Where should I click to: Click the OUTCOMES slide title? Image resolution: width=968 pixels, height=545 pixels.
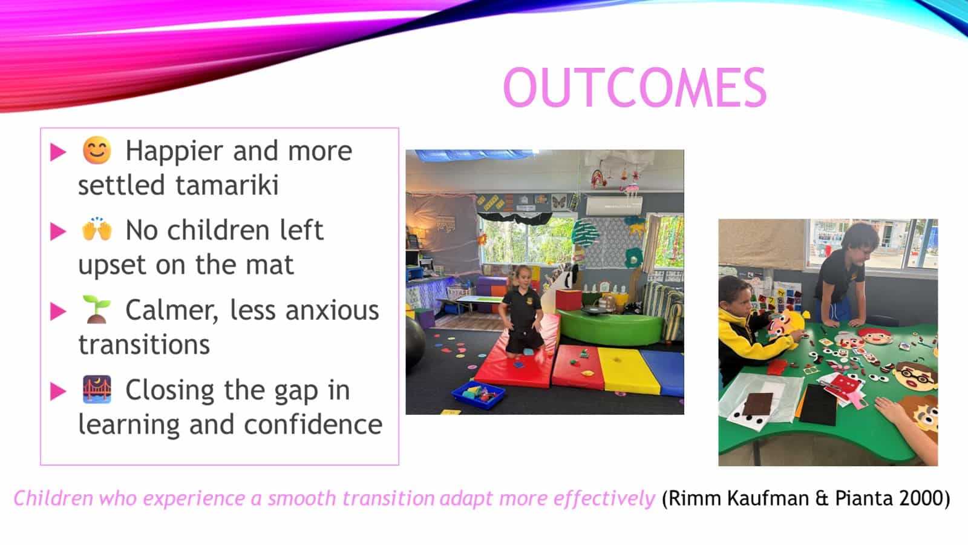click(635, 87)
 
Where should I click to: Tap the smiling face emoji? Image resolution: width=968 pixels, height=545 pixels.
click(97, 151)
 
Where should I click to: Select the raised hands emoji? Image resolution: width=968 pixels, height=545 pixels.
click(97, 230)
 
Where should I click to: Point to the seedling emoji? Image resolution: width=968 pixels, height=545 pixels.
click(96, 309)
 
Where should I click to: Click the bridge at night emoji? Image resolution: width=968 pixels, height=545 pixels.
click(97, 389)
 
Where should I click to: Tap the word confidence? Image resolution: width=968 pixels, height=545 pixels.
click(313, 424)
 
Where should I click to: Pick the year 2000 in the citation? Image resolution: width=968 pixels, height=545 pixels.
click(924, 498)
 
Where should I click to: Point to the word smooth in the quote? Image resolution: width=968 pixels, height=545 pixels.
click(302, 498)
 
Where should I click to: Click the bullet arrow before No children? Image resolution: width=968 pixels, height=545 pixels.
click(58, 231)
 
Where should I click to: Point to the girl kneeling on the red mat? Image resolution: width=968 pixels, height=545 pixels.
click(522, 311)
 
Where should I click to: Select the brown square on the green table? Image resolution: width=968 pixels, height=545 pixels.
click(759, 404)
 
